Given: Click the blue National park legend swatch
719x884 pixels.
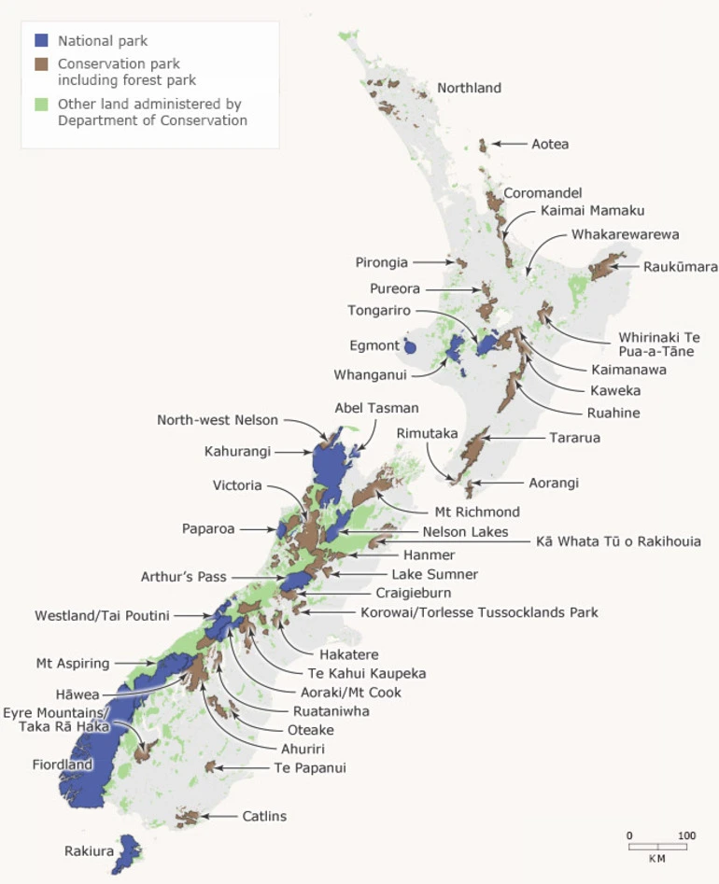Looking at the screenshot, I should (x=41, y=41).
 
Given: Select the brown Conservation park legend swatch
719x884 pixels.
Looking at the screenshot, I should (x=41, y=63).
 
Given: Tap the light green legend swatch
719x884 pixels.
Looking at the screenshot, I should (x=41, y=104).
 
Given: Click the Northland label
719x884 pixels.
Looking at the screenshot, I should (x=469, y=89).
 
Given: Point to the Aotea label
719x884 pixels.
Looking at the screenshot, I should (x=550, y=145).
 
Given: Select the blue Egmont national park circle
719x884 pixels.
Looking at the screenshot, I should (x=409, y=346).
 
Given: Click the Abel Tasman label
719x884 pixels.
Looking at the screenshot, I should (x=376, y=408).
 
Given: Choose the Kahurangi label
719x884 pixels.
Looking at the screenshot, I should (x=237, y=452).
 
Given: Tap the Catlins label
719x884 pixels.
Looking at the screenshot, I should (x=264, y=817).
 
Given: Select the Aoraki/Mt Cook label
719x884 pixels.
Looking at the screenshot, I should (x=344, y=692).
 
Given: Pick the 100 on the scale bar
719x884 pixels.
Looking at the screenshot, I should (x=686, y=835).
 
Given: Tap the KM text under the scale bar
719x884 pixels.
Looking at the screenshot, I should (x=657, y=858).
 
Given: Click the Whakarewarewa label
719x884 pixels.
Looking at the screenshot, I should (x=625, y=234).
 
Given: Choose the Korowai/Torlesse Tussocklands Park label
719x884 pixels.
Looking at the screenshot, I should (x=479, y=613).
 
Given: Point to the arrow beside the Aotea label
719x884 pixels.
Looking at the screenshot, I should (x=508, y=144).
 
